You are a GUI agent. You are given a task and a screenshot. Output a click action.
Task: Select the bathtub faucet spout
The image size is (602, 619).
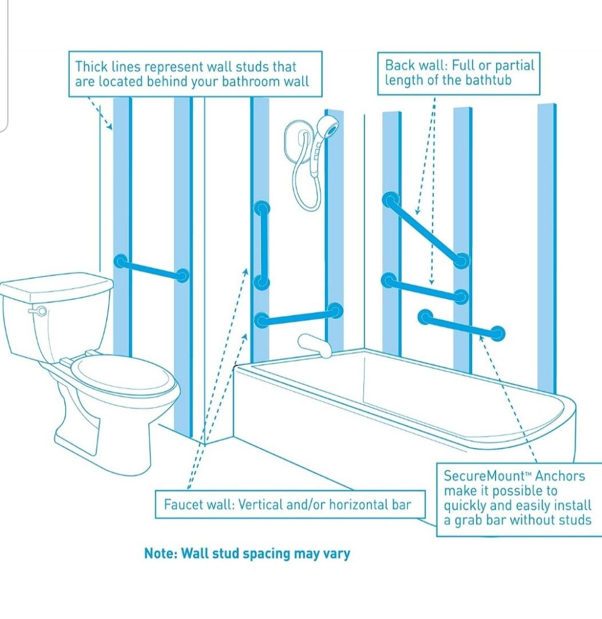click(x=314, y=345)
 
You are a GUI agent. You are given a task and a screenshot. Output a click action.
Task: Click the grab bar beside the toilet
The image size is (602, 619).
click(x=152, y=269)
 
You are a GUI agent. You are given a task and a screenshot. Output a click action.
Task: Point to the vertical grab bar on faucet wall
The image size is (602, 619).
click(x=262, y=245)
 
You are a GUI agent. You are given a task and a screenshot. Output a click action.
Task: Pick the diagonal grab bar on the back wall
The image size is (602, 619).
click(x=426, y=230)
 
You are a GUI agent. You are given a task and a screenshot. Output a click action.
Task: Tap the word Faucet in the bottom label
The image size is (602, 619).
click(x=182, y=505)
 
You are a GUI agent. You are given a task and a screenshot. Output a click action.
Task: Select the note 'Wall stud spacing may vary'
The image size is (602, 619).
click(x=247, y=554)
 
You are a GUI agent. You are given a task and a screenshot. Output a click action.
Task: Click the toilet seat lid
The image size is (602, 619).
click(x=125, y=375)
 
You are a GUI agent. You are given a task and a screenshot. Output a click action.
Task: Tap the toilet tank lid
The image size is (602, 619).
click(x=57, y=285)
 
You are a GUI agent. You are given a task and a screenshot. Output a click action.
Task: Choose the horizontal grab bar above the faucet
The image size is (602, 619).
click(x=298, y=315)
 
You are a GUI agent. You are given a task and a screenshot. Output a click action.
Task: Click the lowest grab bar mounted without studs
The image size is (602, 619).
click(x=461, y=324)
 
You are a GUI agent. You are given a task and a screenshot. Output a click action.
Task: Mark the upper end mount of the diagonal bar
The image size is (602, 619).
click(x=391, y=199)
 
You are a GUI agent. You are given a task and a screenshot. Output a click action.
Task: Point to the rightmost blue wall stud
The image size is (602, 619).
click(x=546, y=241)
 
